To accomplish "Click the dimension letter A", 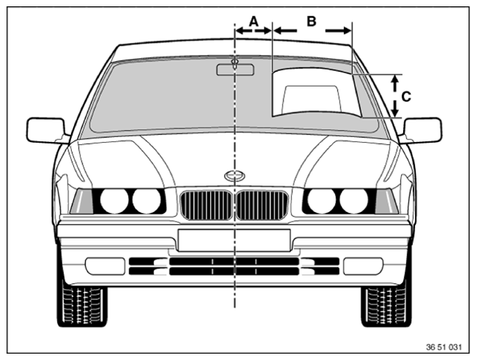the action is coord(254,21).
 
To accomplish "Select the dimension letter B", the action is coord(311,21).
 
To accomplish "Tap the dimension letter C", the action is coord(406,97).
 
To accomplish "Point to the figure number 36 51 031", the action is coord(444,347).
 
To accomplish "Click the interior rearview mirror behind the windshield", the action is coord(235,70).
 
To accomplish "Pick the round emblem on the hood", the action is coord(235,176).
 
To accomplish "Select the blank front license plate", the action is coord(234,240).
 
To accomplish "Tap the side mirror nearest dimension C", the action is coord(422,130).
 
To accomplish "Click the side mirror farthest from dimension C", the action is coord(46,130).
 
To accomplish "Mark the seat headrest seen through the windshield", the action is coord(311,98).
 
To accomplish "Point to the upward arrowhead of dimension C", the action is coord(395,79).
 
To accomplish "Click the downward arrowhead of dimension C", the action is coord(395,112).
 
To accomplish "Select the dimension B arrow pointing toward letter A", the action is coord(285,30).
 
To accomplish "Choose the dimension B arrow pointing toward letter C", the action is coord(338,30).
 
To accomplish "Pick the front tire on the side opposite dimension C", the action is coord(82,306).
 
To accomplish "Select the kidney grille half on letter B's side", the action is coord(262,205).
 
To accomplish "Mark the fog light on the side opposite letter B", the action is coord(105,266).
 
